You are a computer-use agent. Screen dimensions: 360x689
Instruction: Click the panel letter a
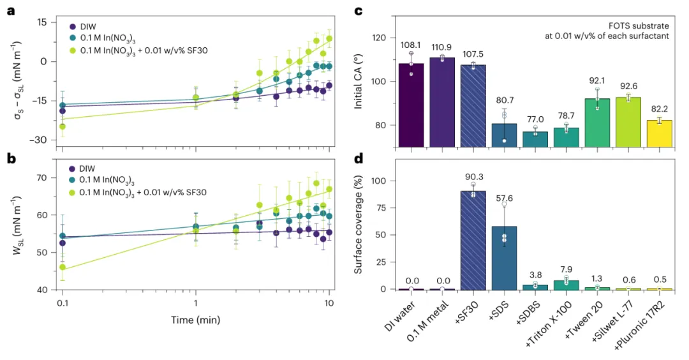11,11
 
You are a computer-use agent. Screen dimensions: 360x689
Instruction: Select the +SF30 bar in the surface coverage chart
473,240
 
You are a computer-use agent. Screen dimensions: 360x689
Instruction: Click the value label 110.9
442,48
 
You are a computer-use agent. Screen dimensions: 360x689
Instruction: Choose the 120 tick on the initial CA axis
380,38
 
